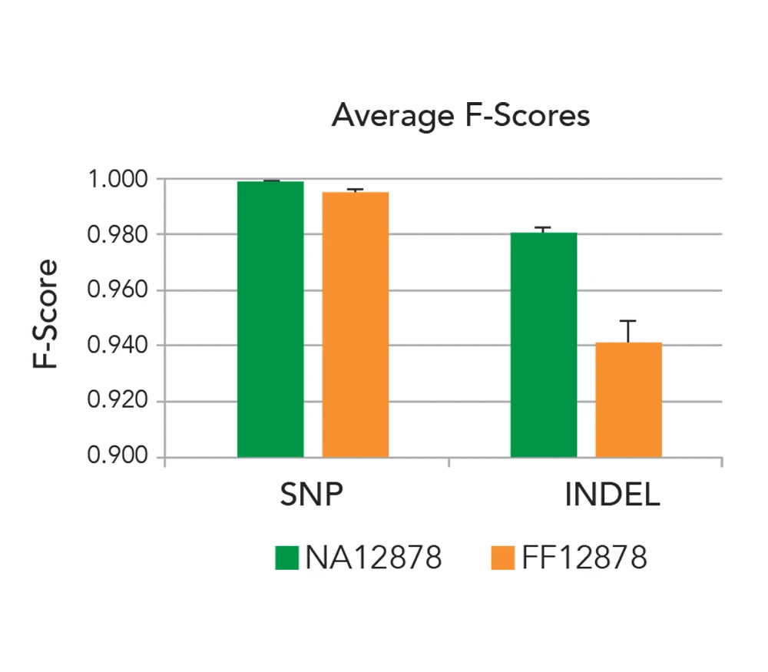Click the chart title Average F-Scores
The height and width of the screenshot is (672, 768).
460,116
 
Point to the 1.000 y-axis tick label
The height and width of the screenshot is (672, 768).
117,179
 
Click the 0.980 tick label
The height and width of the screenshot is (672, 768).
117,234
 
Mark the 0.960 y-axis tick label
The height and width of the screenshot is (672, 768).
117,290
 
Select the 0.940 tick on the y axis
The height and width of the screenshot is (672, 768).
117,346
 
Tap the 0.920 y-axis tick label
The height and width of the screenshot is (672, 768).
117,402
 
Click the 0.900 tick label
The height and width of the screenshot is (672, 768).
117,458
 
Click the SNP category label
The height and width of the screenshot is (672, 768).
310,495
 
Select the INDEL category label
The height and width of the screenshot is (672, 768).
612,495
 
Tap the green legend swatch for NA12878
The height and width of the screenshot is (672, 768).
286,558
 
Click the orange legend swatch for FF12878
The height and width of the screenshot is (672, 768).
502,558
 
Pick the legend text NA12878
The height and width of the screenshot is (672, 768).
373,558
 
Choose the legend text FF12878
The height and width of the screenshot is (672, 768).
584,558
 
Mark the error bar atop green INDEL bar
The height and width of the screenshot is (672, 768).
544,230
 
